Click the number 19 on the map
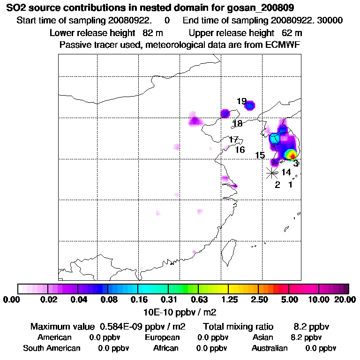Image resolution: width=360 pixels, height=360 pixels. tap(241, 101)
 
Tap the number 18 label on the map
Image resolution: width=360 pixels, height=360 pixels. tap(238, 124)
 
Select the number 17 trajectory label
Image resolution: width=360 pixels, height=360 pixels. tap(234, 140)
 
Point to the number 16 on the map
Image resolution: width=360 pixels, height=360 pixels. tap(240, 150)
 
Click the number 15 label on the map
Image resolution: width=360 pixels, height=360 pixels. tap(260, 156)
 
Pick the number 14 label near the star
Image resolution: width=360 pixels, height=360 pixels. tap(286, 172)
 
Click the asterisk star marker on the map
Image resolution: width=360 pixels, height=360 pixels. tap(272, 173)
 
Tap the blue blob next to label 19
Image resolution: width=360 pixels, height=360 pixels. tap(250, 105)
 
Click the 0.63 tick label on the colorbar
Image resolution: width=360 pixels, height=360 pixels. tap(199, 299)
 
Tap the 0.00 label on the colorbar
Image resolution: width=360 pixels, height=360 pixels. tap(13, 299)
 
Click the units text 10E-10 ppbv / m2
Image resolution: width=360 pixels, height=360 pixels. tap(180, 311)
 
